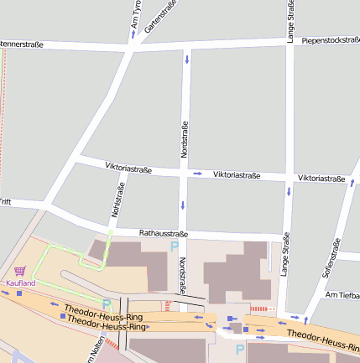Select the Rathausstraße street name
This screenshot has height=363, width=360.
point(164,233)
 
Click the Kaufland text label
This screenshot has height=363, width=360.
point(21,283)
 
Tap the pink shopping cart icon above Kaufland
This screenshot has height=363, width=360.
point(20,271)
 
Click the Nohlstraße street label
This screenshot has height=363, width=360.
point(117,198)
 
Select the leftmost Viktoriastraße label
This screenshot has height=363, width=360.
point(128,168)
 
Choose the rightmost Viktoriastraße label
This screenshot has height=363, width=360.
point(321,179)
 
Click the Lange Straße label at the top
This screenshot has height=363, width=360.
point(290,22)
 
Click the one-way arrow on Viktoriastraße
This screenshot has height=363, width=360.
point(197,174)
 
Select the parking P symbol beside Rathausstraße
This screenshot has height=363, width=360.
point(174,246)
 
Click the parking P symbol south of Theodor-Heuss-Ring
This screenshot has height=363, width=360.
point(240,348)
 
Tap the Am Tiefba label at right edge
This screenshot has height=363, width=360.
point(342,295)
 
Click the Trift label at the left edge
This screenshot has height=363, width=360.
point(5,202)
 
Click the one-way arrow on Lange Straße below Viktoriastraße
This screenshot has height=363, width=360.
point(290,191)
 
